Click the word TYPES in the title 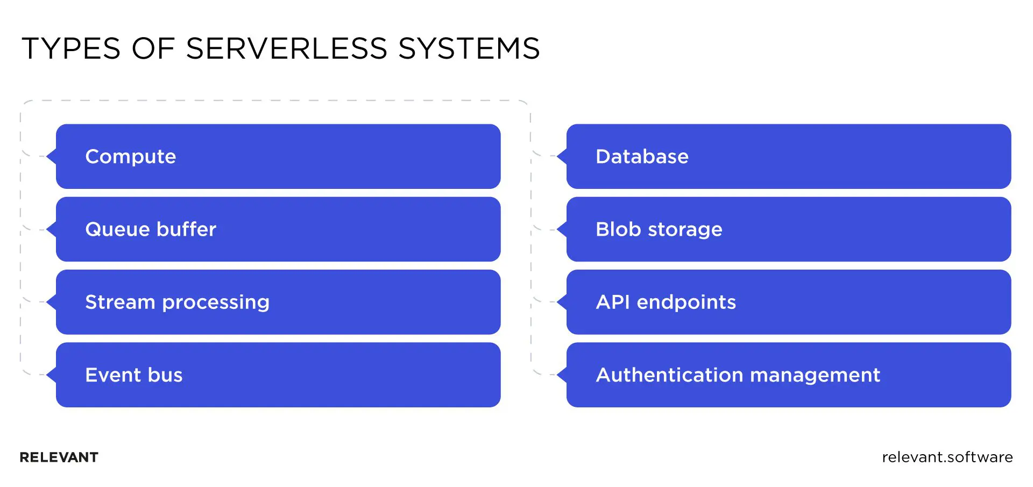71,48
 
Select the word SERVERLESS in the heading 286,48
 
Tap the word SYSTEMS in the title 469,48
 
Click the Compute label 131,157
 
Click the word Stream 120,302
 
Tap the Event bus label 134,375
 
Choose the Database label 642,157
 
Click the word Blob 618,230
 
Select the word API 613,302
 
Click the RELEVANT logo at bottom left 59,457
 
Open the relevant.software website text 947,457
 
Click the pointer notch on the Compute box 52,157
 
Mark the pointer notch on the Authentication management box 562,375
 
